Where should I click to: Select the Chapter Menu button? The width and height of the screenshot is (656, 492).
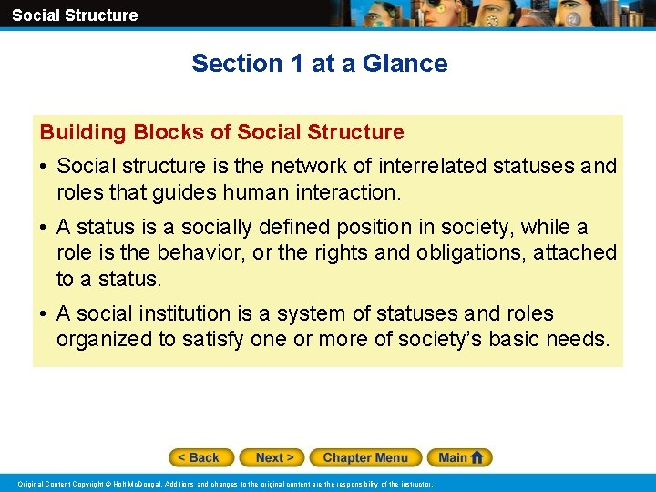(x=365, y=457)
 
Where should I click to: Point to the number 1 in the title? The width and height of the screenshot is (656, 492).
(x=295, y=64)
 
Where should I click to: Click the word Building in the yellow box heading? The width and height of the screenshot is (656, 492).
(x=83, y=132)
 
